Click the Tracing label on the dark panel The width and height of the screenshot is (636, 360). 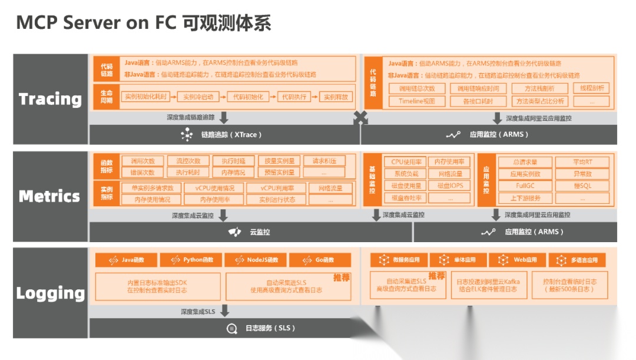50,99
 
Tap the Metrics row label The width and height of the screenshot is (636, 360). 49,196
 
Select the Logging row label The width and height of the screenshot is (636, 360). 51,293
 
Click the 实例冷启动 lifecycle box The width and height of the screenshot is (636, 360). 198,97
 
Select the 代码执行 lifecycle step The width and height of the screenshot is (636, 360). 293,97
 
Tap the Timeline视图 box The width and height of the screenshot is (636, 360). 416,101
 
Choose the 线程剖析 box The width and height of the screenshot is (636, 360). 591,88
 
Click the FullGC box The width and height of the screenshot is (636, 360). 525,186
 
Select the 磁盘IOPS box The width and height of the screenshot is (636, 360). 450,186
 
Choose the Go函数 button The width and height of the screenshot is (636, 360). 320,260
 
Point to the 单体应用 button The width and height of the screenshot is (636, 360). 457,260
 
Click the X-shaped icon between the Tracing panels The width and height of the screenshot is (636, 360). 360,118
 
